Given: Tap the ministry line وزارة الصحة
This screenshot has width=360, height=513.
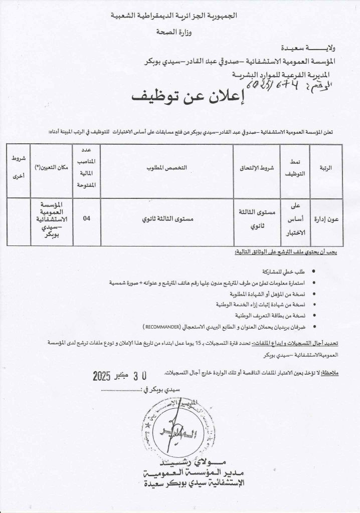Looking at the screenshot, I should (x=180, y=32).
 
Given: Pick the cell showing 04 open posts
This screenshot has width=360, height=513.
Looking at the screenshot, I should (x=87, y=218).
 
